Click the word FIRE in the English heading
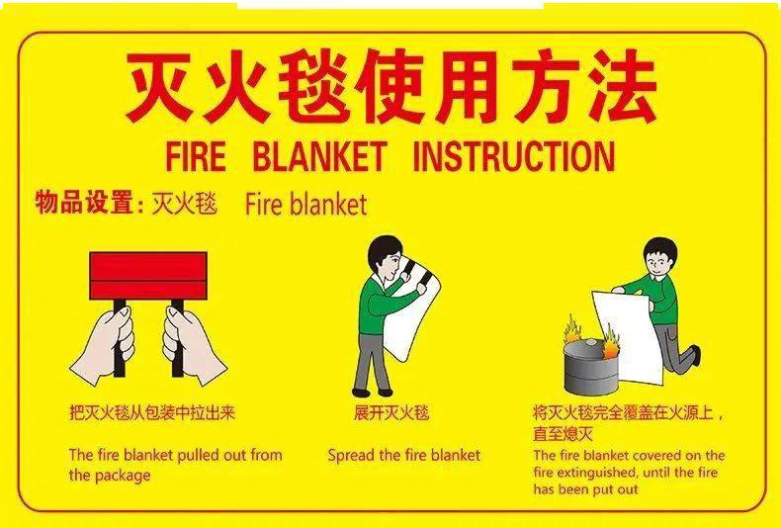tap(196, 156)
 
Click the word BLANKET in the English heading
tap(319, 156)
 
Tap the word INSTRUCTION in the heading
tap(514, 156)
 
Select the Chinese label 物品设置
tap(84, 203)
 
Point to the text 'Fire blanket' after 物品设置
tap(305, 205)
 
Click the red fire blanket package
tap(148, 276)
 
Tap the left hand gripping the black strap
tap(104, 345)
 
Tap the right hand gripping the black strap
tap(193, 345)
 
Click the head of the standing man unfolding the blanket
tap(386, 256)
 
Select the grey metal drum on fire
tap(592, 366)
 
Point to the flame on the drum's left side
tap(571, 328)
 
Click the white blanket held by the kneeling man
tap(629, 337)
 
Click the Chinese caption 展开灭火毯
tap(391, 413)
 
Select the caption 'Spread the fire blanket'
tap(404, 455)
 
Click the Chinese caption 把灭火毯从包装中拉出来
tap(152, 413)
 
